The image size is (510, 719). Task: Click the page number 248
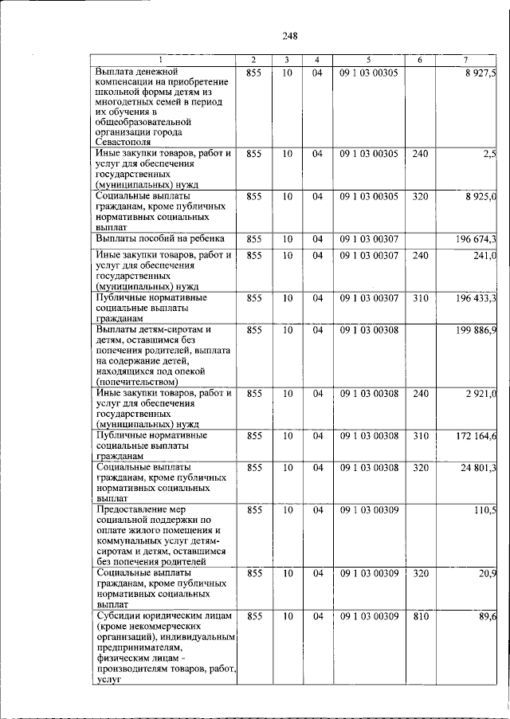(x=289, y=35)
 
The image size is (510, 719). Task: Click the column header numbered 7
(x=465, y=61)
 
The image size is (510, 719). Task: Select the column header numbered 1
(x=163, y=61)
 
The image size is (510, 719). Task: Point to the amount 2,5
(x=489, y=153)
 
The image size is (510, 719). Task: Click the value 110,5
(x=484, y=509)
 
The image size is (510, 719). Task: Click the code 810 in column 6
(x=421, y=616)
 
